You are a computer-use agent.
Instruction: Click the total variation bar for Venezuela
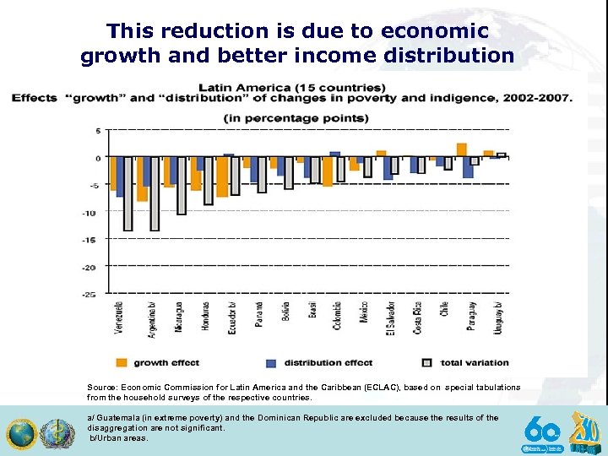pos(128,193)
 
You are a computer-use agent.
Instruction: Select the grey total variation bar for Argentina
pos(155,193)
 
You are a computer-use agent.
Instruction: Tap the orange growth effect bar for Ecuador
pos(222,176)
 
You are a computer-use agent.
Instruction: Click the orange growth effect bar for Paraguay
pos(462,150)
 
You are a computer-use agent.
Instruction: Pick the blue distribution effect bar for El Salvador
pos(387,168)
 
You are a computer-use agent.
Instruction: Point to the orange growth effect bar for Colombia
pos(328,171)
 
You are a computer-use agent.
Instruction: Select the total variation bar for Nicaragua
pos(182,186)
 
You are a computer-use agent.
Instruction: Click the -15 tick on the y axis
pos(98,240)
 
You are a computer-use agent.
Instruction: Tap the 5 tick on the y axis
pos(98,131)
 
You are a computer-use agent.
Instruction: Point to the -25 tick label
pos(98,294)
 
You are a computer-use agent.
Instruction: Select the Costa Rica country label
pos(417,318)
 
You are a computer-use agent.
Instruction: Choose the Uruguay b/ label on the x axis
pos(498,318)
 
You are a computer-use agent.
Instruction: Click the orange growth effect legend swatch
pos(122,362)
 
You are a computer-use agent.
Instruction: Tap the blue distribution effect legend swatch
pos(271,362)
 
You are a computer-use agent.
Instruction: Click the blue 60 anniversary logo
pos(542,432)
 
